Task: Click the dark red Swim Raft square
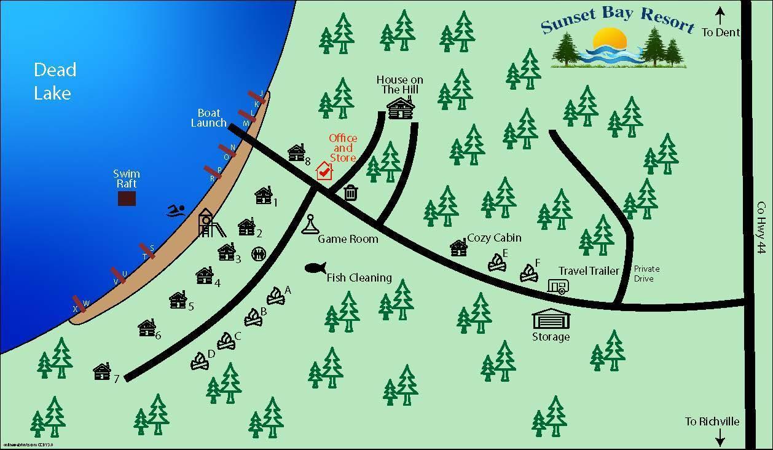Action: tap(127, 198)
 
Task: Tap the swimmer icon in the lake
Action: tap(176, 211)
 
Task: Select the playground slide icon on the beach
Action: tap(210, 223)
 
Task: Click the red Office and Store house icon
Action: tap(324, 171)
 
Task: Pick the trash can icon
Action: tap(350, 193)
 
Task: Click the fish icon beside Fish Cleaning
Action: tap(315, 268)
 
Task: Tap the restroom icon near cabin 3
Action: tap(259, 254)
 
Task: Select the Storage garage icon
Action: tap(551, 319)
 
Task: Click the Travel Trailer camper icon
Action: tap(558, 286)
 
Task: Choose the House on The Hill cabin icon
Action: tap(401, 109)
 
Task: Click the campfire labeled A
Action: tap(276, 296)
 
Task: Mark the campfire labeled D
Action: tap(200, 361)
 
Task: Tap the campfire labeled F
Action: tap(528, 273)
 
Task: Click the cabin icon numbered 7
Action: tap(102, 371)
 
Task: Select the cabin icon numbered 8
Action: tap(296, 152)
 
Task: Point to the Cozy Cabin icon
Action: tap(458, 248)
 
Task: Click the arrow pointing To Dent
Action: tap(720, 15)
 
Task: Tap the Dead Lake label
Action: tap(55, 81)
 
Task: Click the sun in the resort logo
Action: tap(610, 41)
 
